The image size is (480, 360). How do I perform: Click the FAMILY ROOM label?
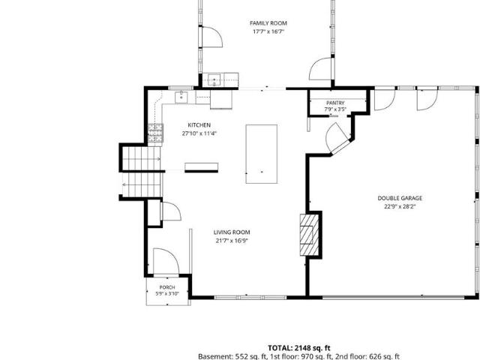(x=268, y=23)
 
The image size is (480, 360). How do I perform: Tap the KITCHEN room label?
(x=199, y=125)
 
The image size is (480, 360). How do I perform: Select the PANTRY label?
(x=335, y=103)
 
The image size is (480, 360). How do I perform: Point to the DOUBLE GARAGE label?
(x=400, y=198)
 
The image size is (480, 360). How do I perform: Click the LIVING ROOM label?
(x=232, y=232)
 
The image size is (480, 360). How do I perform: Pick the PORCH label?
(x=167, y=287)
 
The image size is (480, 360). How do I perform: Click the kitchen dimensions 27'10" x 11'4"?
(x=199, y=133)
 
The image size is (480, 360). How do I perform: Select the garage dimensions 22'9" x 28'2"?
(x=400, y=207)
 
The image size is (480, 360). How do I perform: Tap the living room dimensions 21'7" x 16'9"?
(x=232, y=241)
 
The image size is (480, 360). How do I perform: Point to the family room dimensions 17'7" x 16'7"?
(x=268, y=31)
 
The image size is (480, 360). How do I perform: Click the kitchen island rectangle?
(x=262, y=154)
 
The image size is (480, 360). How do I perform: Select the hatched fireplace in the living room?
(x=310, y=235)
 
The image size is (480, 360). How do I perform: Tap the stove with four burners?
(x=155, y=133)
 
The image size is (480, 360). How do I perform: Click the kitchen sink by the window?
(x=181, y=97)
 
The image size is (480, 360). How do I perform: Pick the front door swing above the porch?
(x=166, y=261)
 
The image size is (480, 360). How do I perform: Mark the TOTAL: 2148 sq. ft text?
(x=299, y=348)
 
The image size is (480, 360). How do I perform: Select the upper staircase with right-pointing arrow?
(x=142, y=158)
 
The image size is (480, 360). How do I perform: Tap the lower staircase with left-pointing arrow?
(x=142, y=184)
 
